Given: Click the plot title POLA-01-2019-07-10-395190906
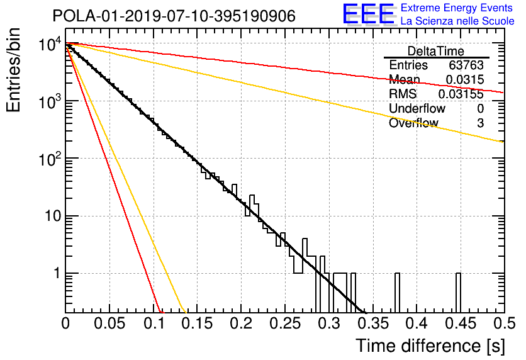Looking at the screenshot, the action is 174,16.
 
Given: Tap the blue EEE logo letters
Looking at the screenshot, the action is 369,14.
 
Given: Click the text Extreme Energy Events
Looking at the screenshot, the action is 457,8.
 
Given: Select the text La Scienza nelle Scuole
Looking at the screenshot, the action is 457,21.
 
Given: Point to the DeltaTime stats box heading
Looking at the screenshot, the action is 436,51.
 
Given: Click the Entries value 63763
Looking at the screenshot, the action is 466,65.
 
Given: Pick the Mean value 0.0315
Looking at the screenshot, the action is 465,79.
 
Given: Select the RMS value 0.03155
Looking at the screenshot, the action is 461,94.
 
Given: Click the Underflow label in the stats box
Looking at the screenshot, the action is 417,108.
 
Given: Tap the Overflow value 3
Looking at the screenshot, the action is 480,123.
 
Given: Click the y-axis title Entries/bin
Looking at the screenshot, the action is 13,70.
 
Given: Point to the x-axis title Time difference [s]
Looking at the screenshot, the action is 430,346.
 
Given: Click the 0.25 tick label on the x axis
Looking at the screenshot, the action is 285,323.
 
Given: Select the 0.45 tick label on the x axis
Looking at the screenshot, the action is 461,323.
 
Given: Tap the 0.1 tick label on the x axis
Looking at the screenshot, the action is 154,323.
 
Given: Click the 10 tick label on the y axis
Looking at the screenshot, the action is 53,216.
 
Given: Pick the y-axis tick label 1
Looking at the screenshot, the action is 57,273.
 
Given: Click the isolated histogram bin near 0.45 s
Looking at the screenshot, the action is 458,293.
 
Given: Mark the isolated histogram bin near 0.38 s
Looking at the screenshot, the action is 397,293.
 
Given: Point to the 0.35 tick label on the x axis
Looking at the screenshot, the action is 373,323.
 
